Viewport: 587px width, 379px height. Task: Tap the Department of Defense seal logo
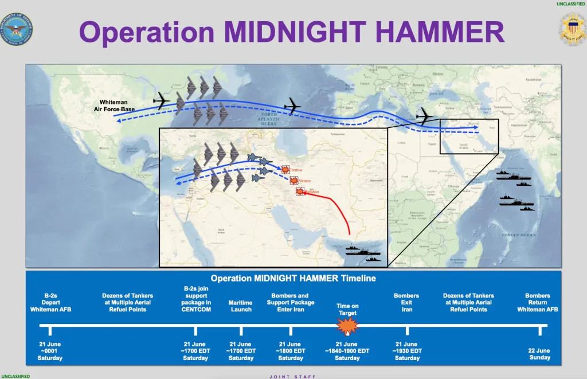click(17, 29)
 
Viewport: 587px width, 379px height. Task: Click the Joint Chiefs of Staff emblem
click(572, 29)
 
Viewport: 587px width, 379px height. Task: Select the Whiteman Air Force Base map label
click(114, 106)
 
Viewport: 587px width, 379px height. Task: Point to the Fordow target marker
click(284, 169)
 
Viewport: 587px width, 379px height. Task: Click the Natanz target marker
click(294, 181)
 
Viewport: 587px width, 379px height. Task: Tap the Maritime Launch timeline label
click(241, 306)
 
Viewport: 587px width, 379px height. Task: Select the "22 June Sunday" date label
click(539, 354)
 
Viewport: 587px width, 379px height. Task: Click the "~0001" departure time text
click(50, 351)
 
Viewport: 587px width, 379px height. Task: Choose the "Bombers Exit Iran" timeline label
click(406, 303)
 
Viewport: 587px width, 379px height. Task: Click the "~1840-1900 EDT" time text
click(347, 351)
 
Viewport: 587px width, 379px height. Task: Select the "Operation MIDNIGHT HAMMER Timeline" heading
click(293, 279)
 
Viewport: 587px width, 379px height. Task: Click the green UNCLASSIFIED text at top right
click(570, 4)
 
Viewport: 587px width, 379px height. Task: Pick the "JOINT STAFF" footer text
click(293, 376)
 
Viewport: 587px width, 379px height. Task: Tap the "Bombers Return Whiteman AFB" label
click(537, 303)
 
